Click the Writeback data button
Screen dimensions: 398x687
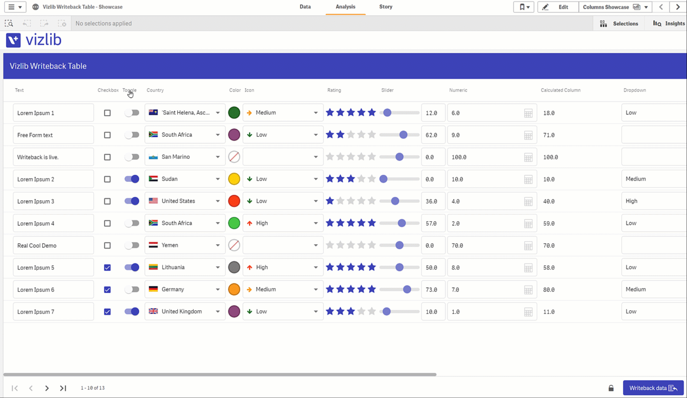[x=653, y=388]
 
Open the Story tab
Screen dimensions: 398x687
[x=386, y=7]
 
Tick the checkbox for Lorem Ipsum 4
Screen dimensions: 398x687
[x=107, y=223]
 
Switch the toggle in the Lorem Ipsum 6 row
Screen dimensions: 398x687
[x=132, y=289]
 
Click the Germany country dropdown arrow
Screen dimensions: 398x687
[x=218, y=289]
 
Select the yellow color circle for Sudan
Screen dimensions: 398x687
[x=234, y=179]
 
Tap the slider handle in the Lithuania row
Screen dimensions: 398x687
[x=399, y=267]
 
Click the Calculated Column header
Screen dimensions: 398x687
[x=560, y=90]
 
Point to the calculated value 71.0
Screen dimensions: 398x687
[x=549, y=135]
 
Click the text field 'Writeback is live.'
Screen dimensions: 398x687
[x=53, y=157]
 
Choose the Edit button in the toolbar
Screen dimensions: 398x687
[x=558, y=7]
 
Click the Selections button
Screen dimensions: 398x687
[x=619, y=23]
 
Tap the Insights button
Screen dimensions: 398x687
[x=669, y=23]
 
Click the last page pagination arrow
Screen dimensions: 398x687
[x=63, y=388]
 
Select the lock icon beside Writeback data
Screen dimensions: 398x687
[x=611, y=388]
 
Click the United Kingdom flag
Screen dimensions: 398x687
[x=153, y=311]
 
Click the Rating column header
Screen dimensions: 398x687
[x=334, y=90]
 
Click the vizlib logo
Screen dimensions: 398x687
[x=34, y=40]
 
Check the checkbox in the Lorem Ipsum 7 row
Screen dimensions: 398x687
[x=107, y=311]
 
